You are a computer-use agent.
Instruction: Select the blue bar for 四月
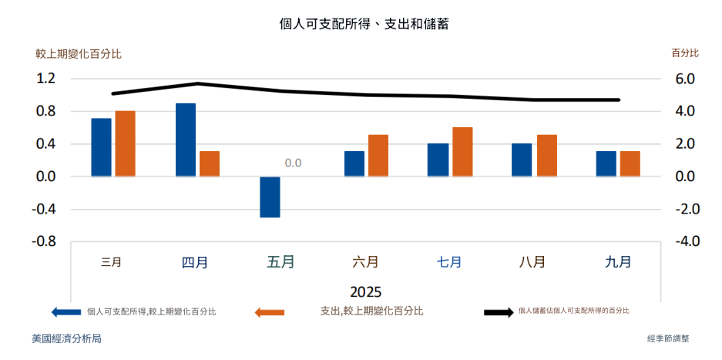click(186, 140)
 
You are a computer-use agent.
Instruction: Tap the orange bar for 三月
click(126, 143)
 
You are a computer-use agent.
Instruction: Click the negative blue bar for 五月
click(270, 197)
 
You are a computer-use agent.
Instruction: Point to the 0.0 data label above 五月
click(293, 163)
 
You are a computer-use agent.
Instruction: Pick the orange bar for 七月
click(462, 152)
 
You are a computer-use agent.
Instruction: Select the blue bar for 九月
click(606, 163)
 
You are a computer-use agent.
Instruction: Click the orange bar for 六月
click(378, 156)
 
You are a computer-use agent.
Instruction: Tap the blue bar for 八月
click(522, 160)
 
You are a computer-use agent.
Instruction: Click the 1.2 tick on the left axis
click(45, 79)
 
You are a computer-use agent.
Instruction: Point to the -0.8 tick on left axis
click(44, 241)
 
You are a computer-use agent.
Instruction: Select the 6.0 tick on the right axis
click(685, 79)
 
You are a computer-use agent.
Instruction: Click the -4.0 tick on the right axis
click(683, 241)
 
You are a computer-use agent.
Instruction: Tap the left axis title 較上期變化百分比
click(78, 54)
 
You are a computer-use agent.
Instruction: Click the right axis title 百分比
click(685, 53)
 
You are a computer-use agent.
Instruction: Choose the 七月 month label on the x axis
click(449, 262)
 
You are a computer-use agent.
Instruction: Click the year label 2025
click(365, 292)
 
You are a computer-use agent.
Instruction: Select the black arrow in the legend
click(498, 312)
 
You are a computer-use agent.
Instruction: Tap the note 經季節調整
click(669, 338)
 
